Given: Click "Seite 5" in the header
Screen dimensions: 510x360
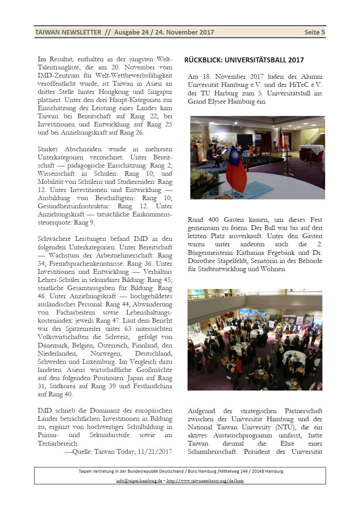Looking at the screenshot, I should pos(314,32).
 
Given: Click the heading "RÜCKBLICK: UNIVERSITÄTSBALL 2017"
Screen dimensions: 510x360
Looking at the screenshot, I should pos(244,60).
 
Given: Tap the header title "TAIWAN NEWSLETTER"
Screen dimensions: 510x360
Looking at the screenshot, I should pos(68,32).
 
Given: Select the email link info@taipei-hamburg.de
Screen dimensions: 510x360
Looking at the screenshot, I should pos(139,481).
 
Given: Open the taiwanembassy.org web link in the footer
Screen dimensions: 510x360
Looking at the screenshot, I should pos(205,481).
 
